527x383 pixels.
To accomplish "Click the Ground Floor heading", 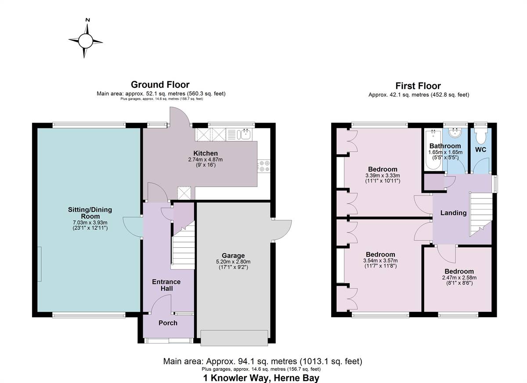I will click(160, 84).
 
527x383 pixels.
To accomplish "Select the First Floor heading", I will click(418, 86).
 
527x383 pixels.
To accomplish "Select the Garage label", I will click(233, 256).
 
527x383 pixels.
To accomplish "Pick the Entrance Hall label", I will click(166, 285).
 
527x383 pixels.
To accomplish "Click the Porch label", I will click(168, 323).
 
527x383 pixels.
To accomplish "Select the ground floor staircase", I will click(182, 248).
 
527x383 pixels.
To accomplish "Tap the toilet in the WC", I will click(481, 136).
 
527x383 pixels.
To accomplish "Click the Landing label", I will click(453, 213).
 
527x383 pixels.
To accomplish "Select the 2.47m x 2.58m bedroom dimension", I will click(459, 278).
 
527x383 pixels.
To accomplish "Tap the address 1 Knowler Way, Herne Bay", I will click(261, 378).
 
